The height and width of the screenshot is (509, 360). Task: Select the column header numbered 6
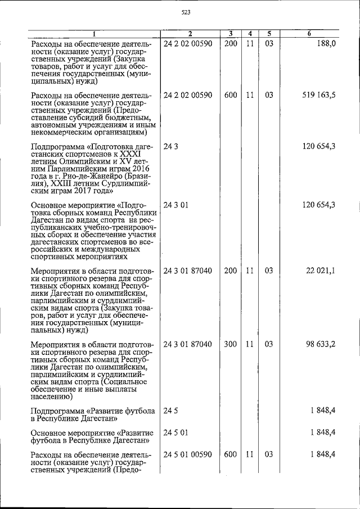pyautogui.click(x=310, y=34)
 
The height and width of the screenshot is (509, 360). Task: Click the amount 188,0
pyautogui.click(x=325, y=43)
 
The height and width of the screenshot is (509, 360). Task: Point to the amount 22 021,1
pyautogui.click(x=321, y=271)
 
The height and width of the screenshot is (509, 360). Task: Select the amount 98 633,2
pyautogui.click(x=321, y=344)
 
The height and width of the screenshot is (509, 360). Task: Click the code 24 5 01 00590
pyautogui.click(x=188, y=454)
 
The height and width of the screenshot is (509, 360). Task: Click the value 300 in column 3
pyautogui.click(x=230, y=344)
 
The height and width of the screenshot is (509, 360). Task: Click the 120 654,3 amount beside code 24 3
pyautogui.click(x=318, y=146)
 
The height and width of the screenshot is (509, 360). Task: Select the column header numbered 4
pyautogui.click(x=249, y=34)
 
